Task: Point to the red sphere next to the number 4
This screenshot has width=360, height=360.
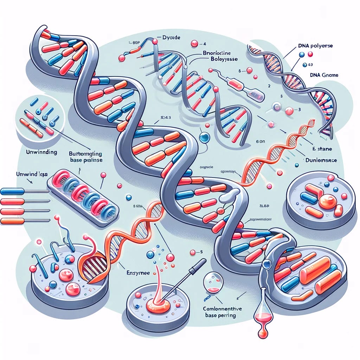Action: click(194, 44)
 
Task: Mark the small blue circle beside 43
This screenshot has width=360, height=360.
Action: click(304, 65)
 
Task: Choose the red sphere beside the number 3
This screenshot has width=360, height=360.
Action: click(289, 111)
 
